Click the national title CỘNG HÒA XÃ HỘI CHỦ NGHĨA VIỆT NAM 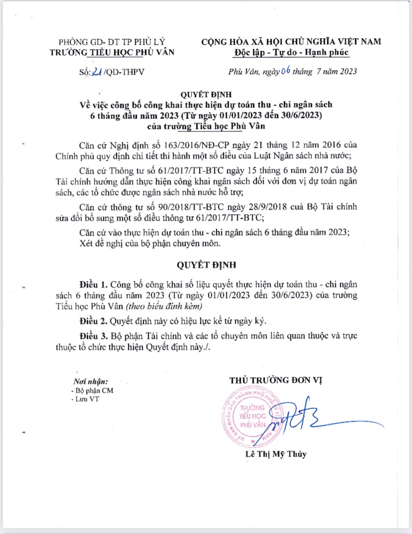point(291,42)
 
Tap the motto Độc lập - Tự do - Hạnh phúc point(291,52)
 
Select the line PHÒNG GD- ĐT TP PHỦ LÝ point(112,42)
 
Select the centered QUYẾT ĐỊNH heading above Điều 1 point(206,264)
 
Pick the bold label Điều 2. point(94,320)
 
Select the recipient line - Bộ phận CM point(92,391)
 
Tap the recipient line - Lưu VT point(85,400)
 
